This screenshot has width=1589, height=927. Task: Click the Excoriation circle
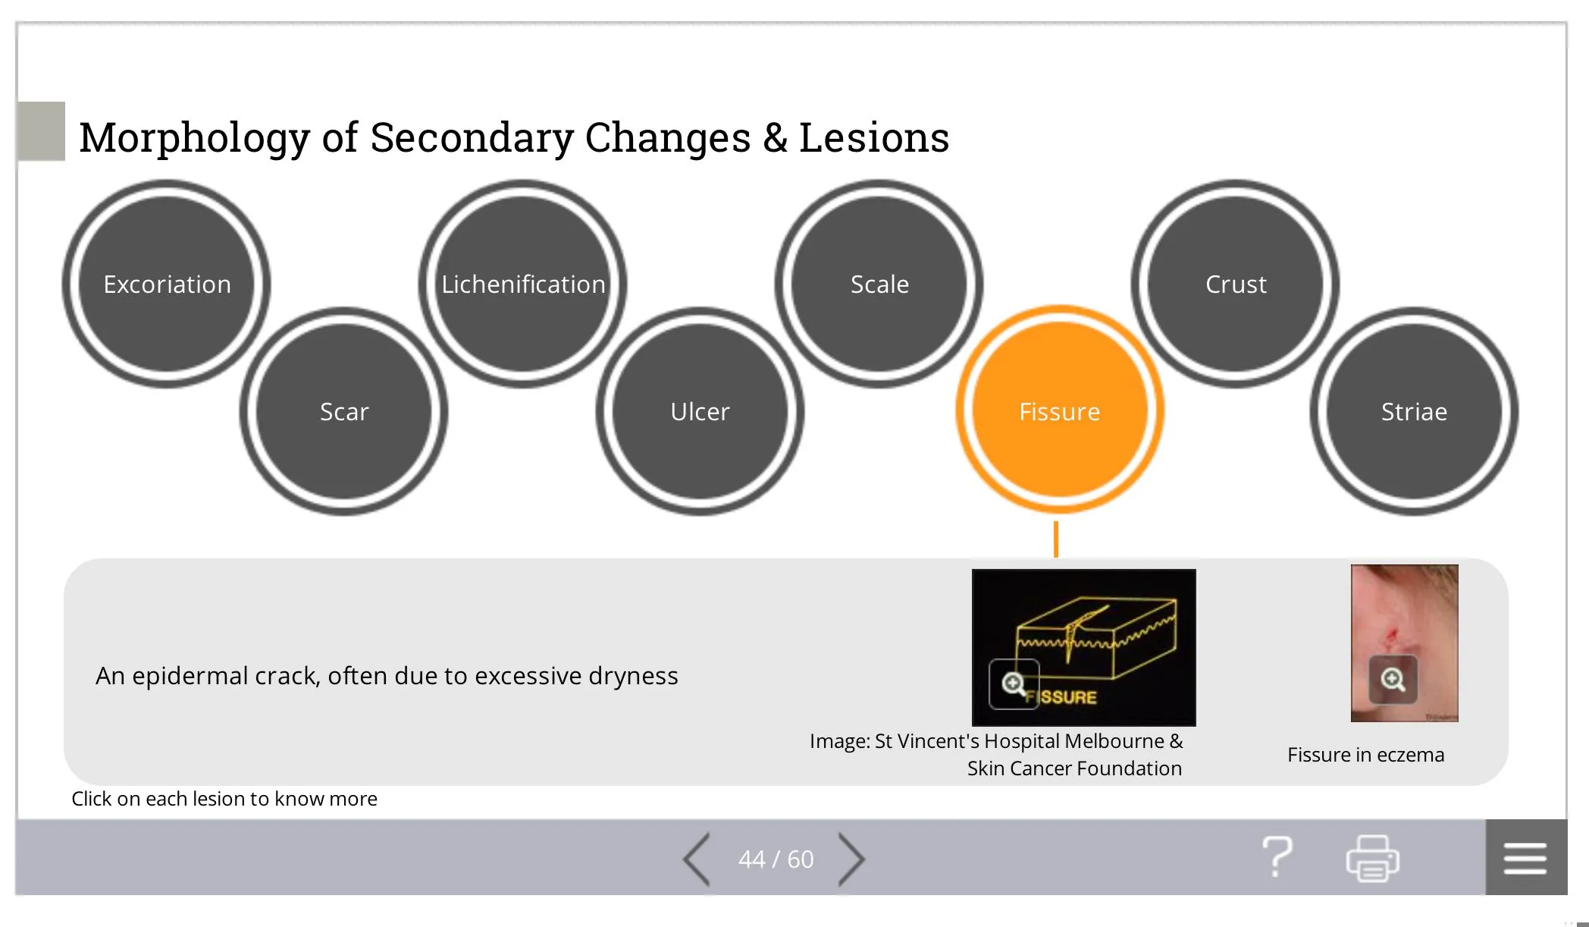click(167, 284)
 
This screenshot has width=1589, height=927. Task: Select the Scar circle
click(344, 411)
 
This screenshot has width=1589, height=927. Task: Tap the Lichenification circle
click(523, 284)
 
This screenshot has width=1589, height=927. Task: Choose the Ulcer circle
click(700, 411)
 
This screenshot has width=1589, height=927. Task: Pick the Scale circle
click(879, 284)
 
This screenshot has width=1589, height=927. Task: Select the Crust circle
click(1236, 284)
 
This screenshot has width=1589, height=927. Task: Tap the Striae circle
click(1415, 411)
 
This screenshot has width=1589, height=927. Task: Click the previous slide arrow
click(696, 859)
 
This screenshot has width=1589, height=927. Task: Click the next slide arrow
click(851, 859)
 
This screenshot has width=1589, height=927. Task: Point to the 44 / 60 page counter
click(776, 859)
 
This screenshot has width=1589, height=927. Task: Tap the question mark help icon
click(1277, 857)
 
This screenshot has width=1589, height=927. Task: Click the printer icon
click(1373, 858)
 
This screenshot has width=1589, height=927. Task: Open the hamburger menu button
click(1526, 857)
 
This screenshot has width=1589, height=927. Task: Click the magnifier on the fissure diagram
click(1014, 684)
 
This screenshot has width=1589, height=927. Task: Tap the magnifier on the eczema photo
click(1393, 679)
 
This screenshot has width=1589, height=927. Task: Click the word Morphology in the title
click(195, 138)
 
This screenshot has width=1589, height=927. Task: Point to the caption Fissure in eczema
click(1366, 755)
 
